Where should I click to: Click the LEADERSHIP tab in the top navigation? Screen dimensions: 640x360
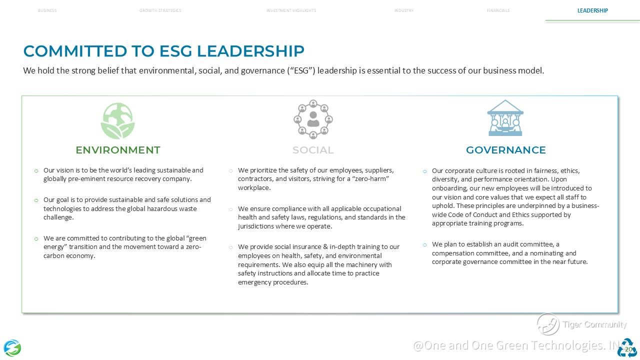(x=592, y=10)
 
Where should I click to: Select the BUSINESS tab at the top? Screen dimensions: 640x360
(x=47, y=10)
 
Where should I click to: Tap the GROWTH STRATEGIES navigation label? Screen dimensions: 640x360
(x=160, y=10)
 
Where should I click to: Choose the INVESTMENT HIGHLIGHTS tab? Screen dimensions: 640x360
(x=291, y=10)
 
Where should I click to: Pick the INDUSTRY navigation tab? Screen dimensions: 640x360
(x=404, y=10)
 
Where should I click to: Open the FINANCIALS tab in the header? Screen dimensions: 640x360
(x=498, y=10)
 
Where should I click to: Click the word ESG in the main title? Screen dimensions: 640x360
(x=175, y=51)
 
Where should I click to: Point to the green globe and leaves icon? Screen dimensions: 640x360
(x=117, y=121)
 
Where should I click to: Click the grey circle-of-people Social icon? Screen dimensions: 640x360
(x=313, y=119)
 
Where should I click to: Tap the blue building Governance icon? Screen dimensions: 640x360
(x=505, y=118)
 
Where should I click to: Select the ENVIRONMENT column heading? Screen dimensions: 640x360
(x=118, y=150)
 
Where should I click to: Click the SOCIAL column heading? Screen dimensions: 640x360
(x=313, y=150)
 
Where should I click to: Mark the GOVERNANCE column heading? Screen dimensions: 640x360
(x=506, y=150)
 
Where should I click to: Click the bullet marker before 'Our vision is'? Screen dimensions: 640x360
(x=36, y=171)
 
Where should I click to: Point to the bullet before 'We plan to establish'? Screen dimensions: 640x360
(x=425, y=245)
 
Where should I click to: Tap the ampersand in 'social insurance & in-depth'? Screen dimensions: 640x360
(x=325, y=246)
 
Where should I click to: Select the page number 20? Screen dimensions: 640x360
(x=628, y=349)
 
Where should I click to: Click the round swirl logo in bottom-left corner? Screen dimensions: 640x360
(x=12, y=348)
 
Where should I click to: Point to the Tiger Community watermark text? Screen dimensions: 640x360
(x=594, y=324)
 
